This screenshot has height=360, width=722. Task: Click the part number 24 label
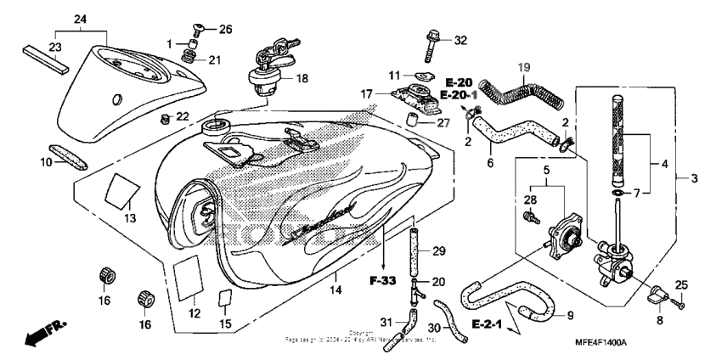[x=81, y=19]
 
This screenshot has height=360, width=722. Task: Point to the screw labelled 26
[x=201, y=30]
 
